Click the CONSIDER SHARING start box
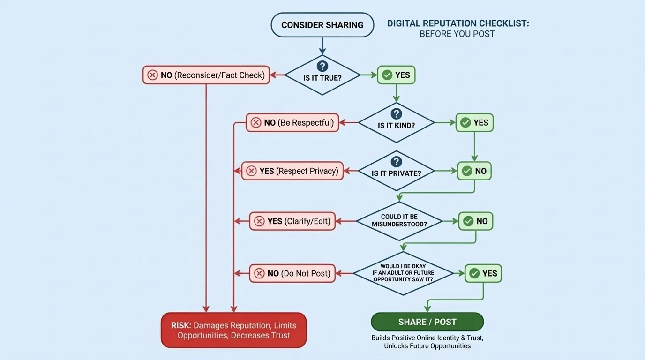click(x=322, y=25)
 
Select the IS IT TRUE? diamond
click(x=322, y=75)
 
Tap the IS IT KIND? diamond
click(x=396, y=123)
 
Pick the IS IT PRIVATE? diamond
click(x=396, y=171)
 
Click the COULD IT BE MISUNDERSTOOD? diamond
click(x=399, y=221)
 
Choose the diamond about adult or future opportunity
click(x=403, y=273)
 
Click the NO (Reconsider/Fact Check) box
click(x=206, y=75)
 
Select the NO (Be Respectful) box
click(x=292, y=123)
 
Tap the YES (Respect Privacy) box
click(x=292, y=171)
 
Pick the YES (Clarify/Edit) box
click(x=292, y=221)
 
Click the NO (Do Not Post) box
click(x=292, y=273)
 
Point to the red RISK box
click(x=233, y=330)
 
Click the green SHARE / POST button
click(x=427, y=322)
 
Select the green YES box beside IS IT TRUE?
click(x=396, y=75)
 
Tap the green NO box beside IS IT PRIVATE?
click(x=474, y=171)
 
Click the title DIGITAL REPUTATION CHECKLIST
click(x=457, y=23)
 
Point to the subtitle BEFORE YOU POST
click(x=457, y=34)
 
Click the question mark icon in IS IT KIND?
click(x=396, y=114)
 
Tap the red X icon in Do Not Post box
click(x=259, y=273)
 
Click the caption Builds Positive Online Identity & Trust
click(x=427, y=338)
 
